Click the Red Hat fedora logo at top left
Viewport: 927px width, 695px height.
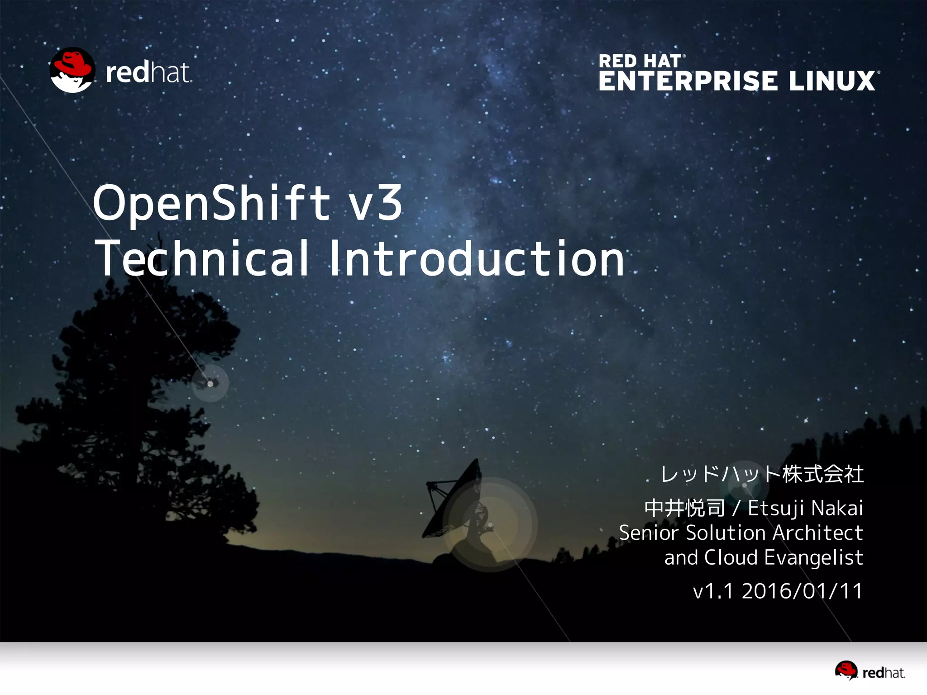pyautogui.click(x=72, y=70)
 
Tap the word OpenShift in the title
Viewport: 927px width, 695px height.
pyautogui.click(x=212, y=203)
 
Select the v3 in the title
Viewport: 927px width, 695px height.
pyautogui.click(x=376, y=203)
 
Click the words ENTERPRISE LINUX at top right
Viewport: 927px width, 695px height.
pyautogui.click(x=737, y=81)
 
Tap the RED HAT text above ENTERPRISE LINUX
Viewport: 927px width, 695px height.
pyautogui.click(x=640, y=61)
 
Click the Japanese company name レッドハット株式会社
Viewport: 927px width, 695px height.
pyautogui.click(x=762, y=474)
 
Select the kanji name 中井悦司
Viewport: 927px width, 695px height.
pyautogui.click(x=684, y=508)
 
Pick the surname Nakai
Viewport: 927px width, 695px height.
pyautogui.click(x=837, y=508)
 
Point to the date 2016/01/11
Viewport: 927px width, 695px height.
pyautogui.click(x=802, y=591)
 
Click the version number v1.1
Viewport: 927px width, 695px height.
pyautogui.click(x=713, y=591)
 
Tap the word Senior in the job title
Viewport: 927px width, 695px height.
pyautogui.click(x=649, y=533)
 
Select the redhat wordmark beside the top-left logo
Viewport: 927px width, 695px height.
pyautogui.click(x=148, y=72)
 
